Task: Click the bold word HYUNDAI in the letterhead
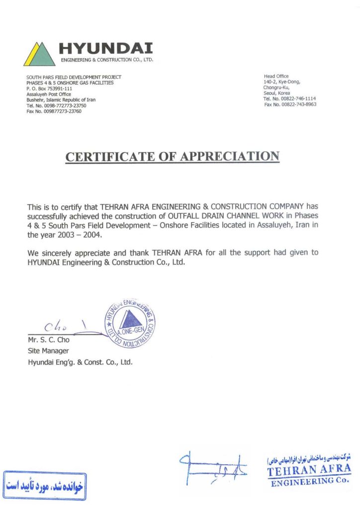point(106,48)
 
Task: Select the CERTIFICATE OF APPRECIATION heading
point(173,157)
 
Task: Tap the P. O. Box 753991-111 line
point(49,88)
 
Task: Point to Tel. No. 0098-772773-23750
point(56,105)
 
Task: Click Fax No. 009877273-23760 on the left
point(54,111)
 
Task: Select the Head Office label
point(276,76)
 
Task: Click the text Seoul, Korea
point(277,93)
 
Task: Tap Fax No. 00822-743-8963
point(290,104)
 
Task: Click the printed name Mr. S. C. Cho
point(49,340)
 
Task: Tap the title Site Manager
point(48,351)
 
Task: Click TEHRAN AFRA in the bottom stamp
point(308,470)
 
